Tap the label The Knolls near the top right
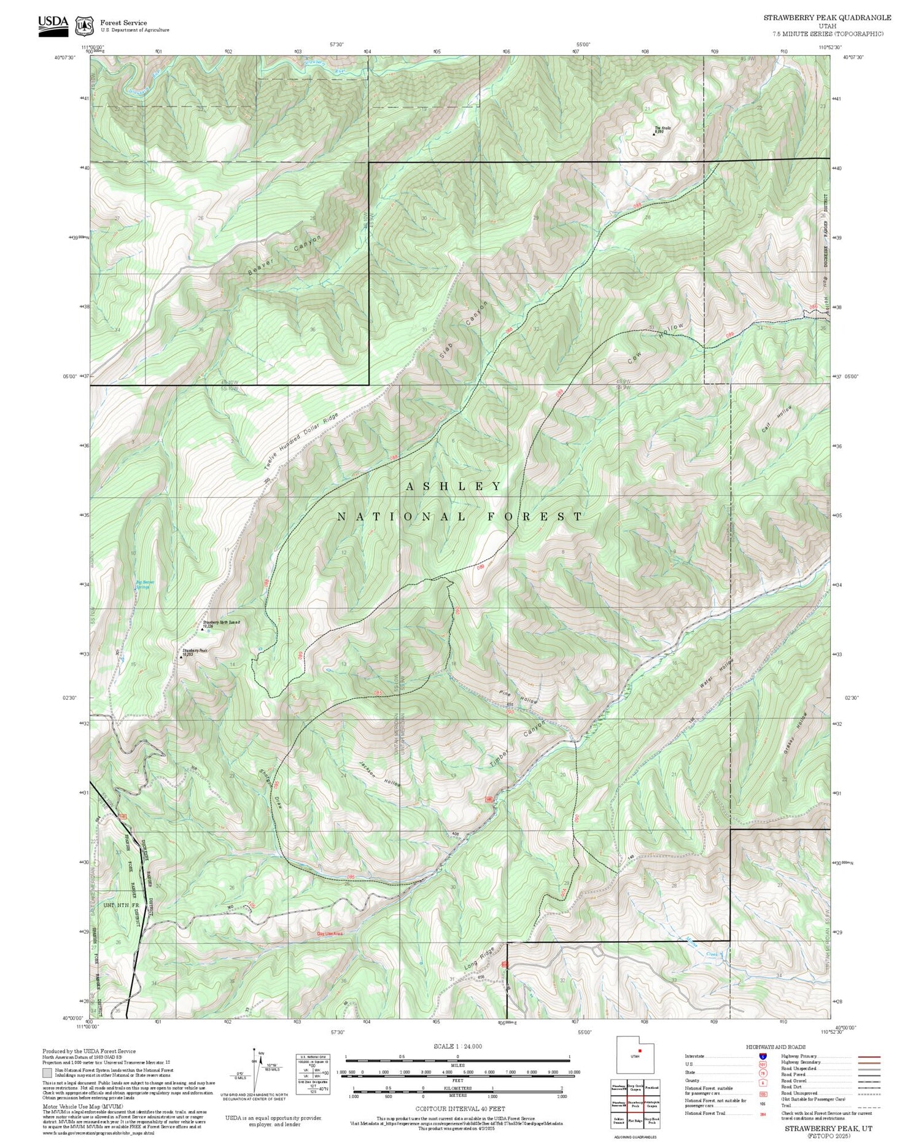[x=663, y=128]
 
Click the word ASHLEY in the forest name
[x=454, y=486]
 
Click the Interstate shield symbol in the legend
[x=763, y=1056]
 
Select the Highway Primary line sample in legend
[x=867, y=1056]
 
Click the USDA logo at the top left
[x=53, y=25]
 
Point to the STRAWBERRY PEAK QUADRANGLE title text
[x=827, y=18]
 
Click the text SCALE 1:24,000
[x=457, y=1046]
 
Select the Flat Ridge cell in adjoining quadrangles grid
[x=635, y=1120]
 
